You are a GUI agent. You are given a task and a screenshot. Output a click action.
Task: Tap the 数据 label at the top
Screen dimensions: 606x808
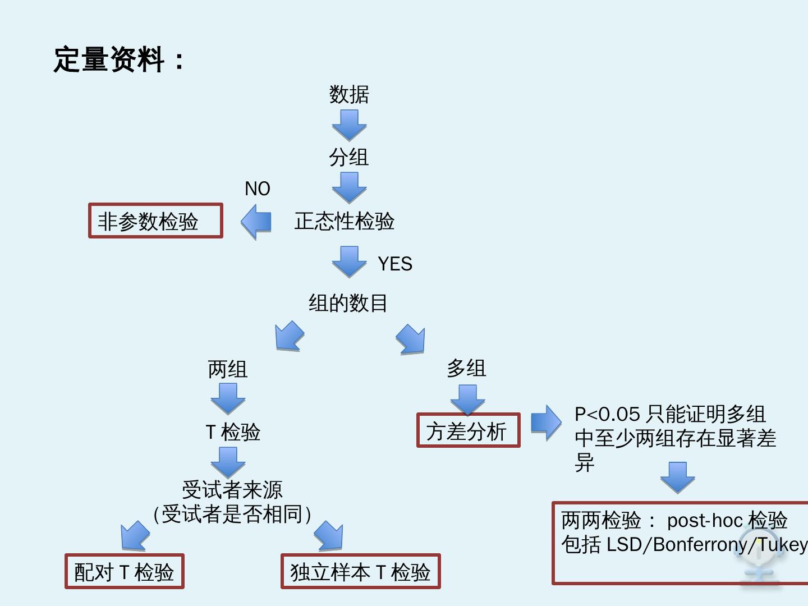click(x=349, y=94)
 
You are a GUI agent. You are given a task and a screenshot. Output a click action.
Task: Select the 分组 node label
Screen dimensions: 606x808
click(x=349, y=157)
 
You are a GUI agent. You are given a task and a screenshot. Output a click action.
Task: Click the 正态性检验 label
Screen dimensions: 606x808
click(x=345, y=221)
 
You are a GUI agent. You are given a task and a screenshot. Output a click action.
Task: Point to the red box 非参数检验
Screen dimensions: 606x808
click(x=155, y=221)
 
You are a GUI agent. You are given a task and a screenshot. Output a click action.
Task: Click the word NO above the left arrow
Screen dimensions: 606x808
click(x=258, y=189)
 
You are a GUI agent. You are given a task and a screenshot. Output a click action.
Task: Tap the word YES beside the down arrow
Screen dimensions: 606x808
click(x=395, y=264)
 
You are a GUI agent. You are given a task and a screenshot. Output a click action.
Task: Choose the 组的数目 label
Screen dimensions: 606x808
click(x=348, y=303)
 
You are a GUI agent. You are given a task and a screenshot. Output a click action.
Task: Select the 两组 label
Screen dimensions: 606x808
click(x=228, y=369)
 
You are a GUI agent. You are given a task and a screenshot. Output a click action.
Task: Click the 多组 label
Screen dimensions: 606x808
click(x=466, y=368)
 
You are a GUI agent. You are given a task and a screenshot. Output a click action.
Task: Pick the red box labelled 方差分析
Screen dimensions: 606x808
click(x=468, y=431)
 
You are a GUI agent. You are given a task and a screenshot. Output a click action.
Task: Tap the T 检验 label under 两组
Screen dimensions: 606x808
click(x=233, y=432)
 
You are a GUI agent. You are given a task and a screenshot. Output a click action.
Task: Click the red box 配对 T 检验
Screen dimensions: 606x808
click(x=124, y=572)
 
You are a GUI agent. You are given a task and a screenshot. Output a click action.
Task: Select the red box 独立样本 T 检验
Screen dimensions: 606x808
click(x=360, y=572)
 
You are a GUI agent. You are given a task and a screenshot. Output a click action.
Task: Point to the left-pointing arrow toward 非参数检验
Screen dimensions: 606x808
click(x=256, y=222)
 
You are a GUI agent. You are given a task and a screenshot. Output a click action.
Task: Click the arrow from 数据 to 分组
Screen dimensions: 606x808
click(x=349, y=125)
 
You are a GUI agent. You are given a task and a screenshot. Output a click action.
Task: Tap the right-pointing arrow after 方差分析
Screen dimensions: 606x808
click(x=545, y=422)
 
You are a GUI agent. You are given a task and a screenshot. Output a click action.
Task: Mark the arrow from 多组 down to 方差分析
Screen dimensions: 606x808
click(x=467, y=398)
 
